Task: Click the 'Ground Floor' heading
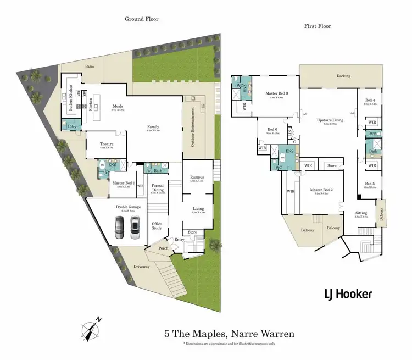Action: click(141, 19)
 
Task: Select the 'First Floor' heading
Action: click(317, 26)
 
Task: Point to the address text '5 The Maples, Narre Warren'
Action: click(230, 334)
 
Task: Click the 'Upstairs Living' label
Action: click(330, 119)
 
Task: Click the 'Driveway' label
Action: click(128, 266)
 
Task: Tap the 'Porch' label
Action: click(163, 248)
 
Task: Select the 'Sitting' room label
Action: click(361, 213)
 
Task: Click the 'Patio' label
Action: click(90, 66)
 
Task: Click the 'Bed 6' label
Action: click(272, 130)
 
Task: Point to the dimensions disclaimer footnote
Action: click(230, 343)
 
